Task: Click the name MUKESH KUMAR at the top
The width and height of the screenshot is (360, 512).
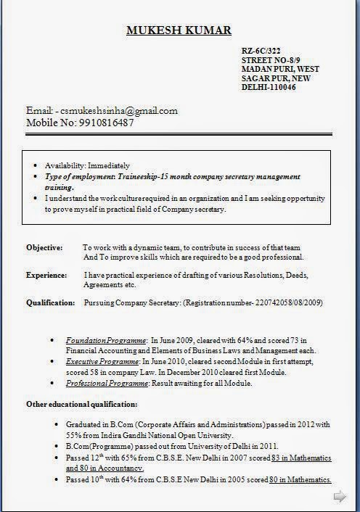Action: [179, 30]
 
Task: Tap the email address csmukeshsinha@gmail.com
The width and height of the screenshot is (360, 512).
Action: [120, 111]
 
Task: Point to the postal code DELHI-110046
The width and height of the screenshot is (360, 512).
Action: [268, 87]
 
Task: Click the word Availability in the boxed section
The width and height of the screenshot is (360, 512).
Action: [65, 165]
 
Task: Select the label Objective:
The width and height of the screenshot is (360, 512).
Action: [44, 247]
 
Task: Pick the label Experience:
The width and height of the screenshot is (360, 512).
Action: [46, 276]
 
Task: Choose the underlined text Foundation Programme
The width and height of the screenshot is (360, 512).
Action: [107, 340]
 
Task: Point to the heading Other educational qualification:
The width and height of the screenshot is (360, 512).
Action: [81, 404]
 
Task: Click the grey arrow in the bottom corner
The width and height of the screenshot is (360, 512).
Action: [339, 497]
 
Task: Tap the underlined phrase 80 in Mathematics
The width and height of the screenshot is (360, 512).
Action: [300, 480]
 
